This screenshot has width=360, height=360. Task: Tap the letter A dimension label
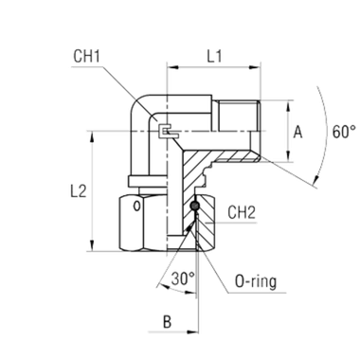[300, 133]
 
